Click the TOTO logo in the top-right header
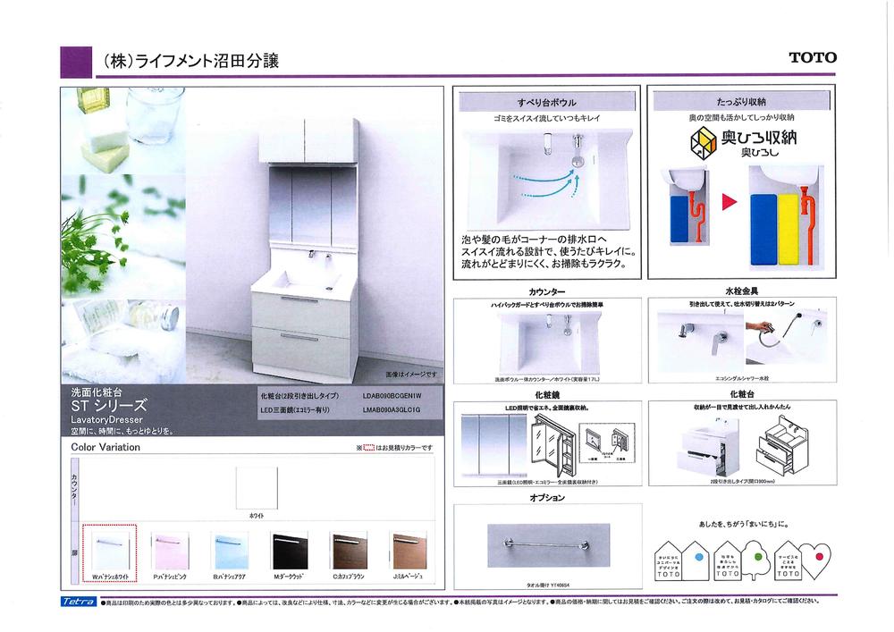(812, 58)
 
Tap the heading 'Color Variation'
(105, 447)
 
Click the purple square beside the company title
(77, 62)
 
